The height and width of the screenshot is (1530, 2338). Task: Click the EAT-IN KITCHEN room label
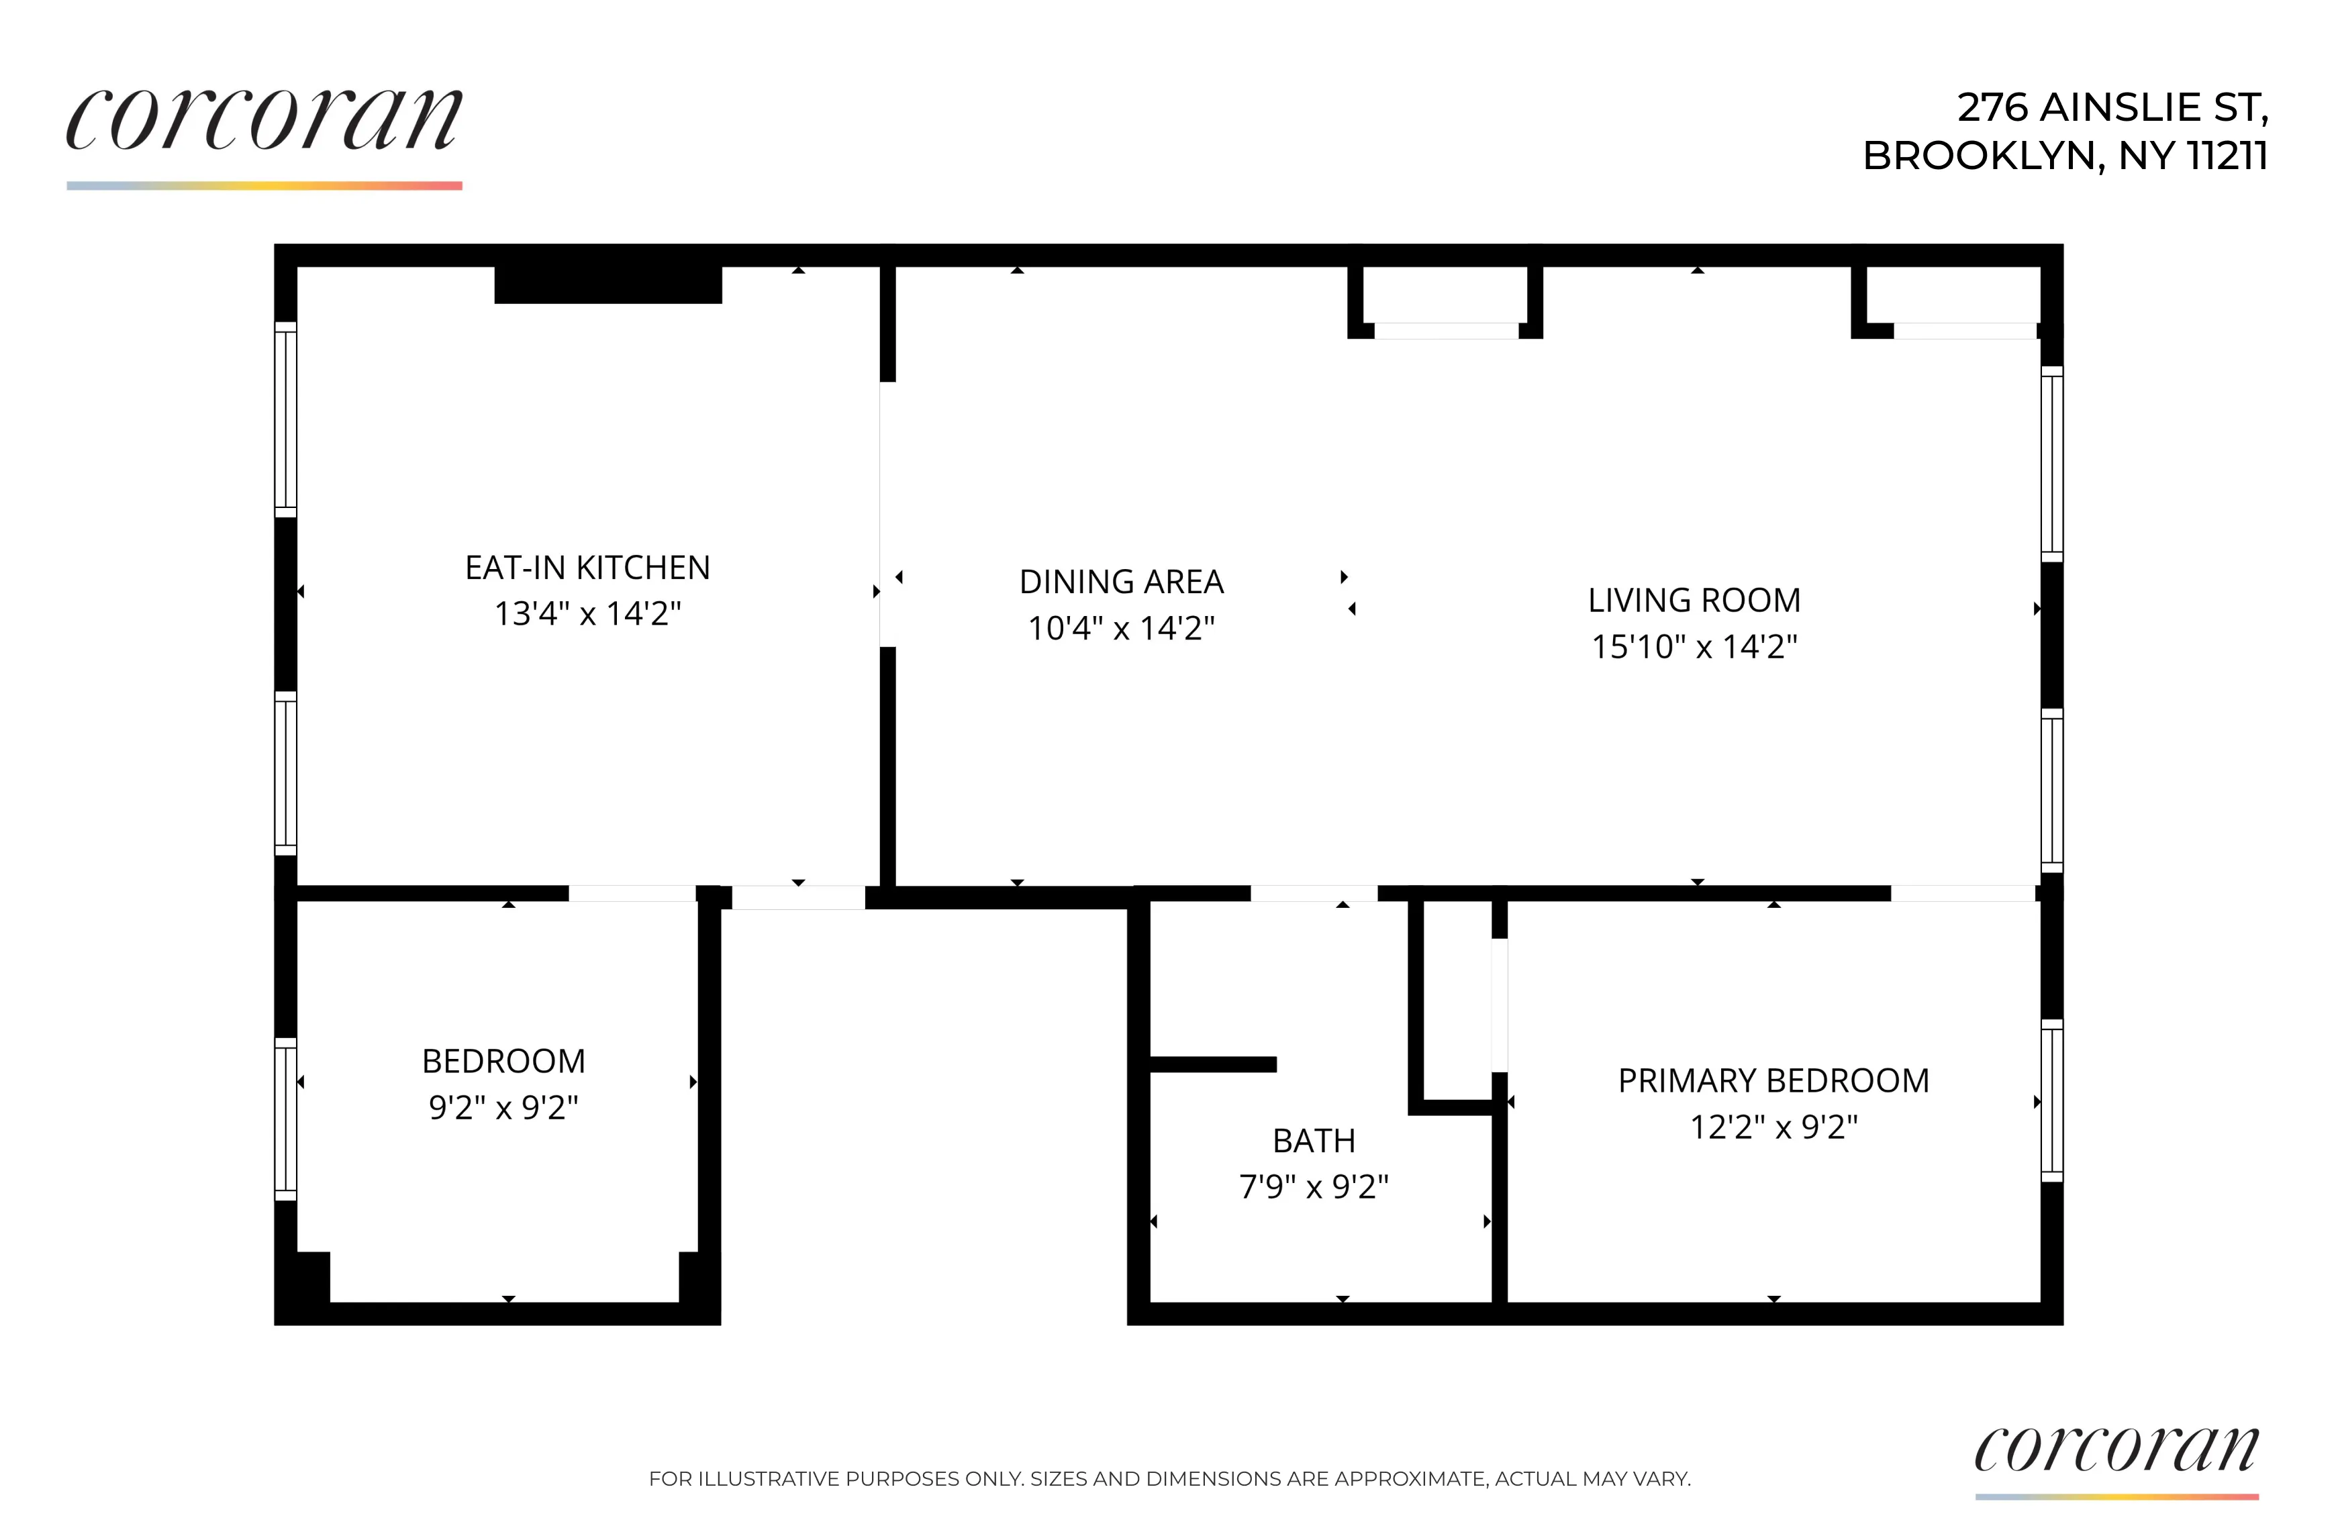[587, 568]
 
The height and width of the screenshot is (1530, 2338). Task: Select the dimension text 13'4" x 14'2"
[587, 614]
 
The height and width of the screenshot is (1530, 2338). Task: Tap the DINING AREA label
[1121, 581]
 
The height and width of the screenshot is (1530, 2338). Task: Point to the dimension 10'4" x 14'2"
[1121, 627]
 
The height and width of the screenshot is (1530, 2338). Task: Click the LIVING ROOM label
[1694, 600]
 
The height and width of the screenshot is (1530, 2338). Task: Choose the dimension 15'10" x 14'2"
[1694, 646]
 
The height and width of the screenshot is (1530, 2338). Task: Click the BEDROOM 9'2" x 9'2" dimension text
[503, 1108]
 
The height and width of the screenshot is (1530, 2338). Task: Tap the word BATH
[1314, 1140]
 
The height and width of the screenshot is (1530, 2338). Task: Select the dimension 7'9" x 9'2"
[1314, 1186]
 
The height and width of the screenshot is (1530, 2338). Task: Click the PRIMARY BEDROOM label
[1773, 1080]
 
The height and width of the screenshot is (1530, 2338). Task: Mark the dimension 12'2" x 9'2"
[1773, 1127]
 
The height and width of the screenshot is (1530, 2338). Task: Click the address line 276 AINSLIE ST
[2112, 107]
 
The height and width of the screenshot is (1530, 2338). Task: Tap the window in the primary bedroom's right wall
[2051, 1101]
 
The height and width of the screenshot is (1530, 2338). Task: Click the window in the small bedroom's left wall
[285, 1119]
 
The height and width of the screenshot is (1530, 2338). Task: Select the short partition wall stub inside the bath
[1212, 1064]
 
